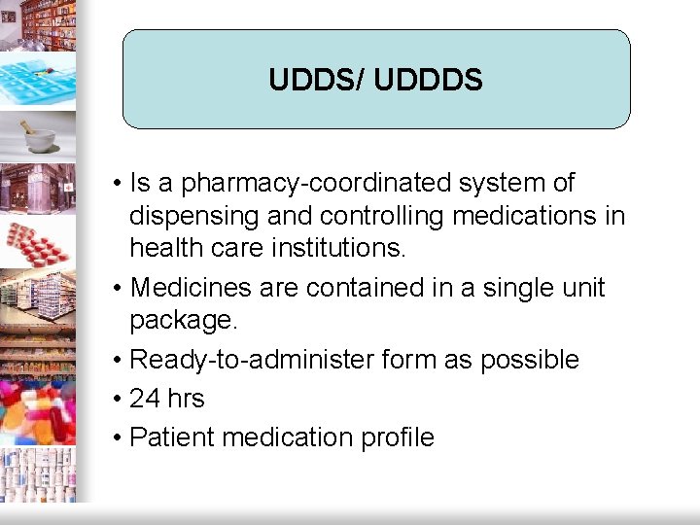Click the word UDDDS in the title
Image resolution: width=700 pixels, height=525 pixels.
(x=428, y=80)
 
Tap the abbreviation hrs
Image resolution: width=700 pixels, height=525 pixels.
(x=186, y=399)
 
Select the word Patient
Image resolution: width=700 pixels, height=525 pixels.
(x=172, y=437)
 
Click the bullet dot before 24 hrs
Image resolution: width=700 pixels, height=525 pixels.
(x=116, y=399)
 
